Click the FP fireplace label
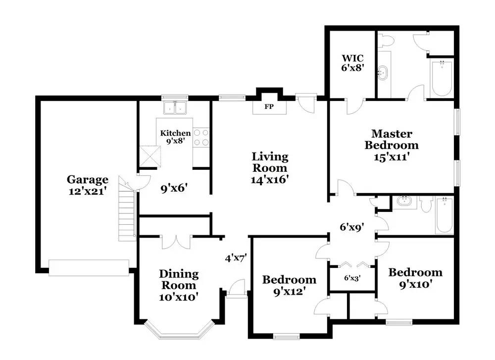point(269,107)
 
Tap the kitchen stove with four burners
point(201,137)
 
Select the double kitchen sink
point(175,107)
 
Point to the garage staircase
point(127,208)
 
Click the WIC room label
point(352,58)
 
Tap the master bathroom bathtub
point(442,78)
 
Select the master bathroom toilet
point(386,40)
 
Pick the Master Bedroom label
point(392,139)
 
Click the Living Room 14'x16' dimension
point(270,180)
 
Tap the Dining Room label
point(179,279)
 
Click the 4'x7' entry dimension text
point(236,258)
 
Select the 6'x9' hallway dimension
point(352,227)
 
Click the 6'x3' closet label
point(352,278)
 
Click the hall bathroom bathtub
point(445,215)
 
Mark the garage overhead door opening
point(89,268)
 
